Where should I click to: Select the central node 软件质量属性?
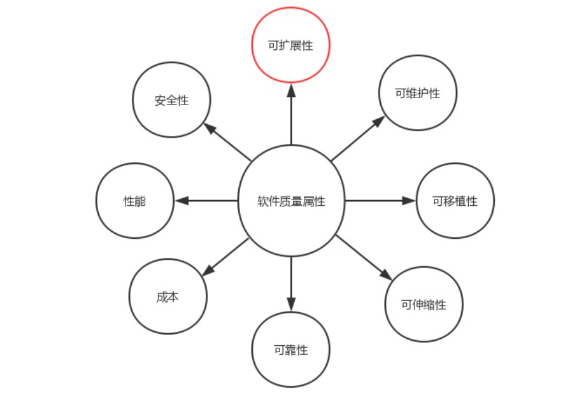click(x=291, y=201)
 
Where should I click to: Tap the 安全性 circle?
click(x=172, y=100)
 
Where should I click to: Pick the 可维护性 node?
click(x=418, y=92)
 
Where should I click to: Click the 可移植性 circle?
click(x=455, y=201)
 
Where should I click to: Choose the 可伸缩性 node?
click(x=423, y=305)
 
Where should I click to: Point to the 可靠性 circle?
click(x=291, y=350)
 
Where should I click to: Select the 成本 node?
click(x=167, y=296)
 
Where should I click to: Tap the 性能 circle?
click(x=134, y=201)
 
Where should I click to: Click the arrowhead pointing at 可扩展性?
click(x=291, y=90)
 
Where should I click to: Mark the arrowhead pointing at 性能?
click(x=181, y=201)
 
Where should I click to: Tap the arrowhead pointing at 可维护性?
click(x=378, y=121)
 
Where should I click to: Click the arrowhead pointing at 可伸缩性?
click(x=386, y=274)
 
